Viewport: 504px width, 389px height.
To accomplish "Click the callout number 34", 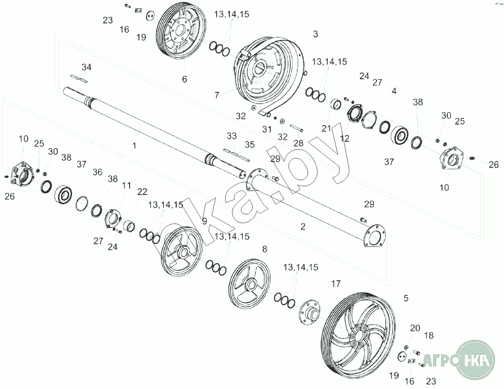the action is click(x=87, y=67).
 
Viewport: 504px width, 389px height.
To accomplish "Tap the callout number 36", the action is click(x=98, y=172).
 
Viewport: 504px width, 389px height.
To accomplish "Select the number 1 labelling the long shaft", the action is click(x=134, y=146).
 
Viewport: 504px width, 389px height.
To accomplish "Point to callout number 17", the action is click(x=336, y=284).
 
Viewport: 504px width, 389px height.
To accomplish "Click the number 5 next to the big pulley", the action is click(x=406, y=298).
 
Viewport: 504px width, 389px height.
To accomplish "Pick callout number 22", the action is click(x=142, y=191).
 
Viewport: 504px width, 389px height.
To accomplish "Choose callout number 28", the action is click(x=299, y=143).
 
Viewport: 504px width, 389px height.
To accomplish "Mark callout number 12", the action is click(x=345, y=138).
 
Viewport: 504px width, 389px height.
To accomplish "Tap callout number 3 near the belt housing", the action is click(x=315, y=34).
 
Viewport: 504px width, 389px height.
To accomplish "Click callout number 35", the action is click(x=250, y=145).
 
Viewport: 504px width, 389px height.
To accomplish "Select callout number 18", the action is click(x=429, y=335).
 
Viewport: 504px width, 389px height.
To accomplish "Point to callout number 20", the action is click(x=415, y=328).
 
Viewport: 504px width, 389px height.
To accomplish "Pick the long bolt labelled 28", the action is click(x=297, y=128).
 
